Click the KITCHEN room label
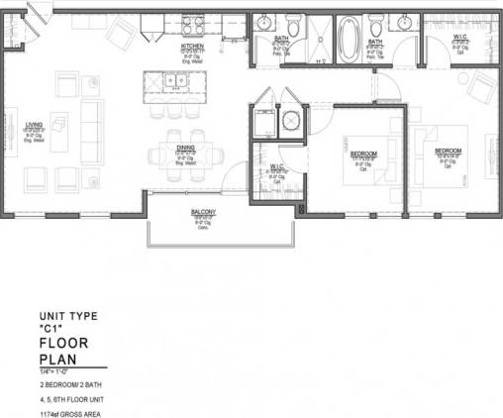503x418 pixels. click(192, 47)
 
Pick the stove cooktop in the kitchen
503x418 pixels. click(192, 26)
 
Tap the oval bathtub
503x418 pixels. click(350, 39)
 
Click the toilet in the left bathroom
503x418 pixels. click(294, 26)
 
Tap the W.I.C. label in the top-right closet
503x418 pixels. click(459, 39)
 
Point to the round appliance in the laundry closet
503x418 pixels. click(290, 122)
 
